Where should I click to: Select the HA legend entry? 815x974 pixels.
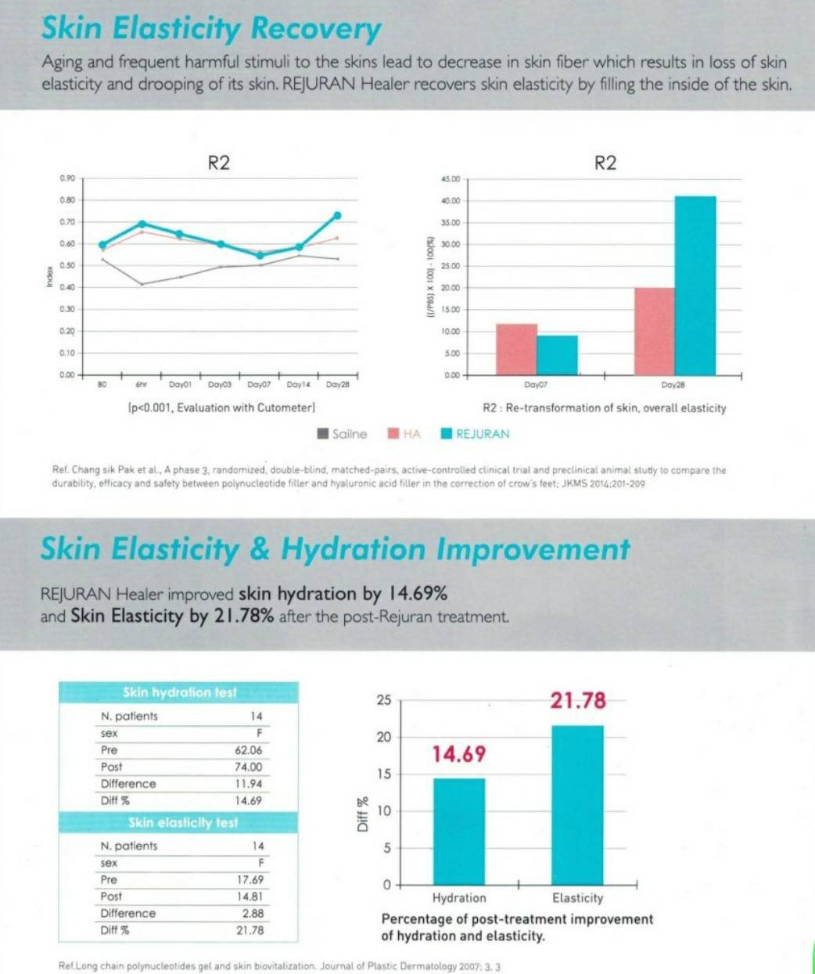[404, 434]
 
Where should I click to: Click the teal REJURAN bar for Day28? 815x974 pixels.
[695, 286]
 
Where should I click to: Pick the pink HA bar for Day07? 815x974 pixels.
[516, 349]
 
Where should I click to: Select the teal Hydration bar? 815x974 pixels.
[459, 831]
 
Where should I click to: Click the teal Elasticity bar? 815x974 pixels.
[577, 804]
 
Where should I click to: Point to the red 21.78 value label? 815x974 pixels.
[578, 700]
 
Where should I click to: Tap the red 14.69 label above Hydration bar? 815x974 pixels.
[459, 754]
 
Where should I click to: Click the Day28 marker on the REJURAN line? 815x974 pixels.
[337, 215]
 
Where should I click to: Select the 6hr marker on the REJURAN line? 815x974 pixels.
[142, 224]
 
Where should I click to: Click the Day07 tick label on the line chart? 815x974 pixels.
[259, 385]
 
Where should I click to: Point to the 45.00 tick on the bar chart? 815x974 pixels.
[451, 179]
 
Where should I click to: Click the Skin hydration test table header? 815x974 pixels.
[179, 692]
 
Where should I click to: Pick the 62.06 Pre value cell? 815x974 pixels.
[249, 750]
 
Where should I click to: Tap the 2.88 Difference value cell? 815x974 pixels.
[253, 913]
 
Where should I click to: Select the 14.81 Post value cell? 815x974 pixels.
[250, 897]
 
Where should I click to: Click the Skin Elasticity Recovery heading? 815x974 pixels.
[211, 29]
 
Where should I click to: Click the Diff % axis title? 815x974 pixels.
[362, 814]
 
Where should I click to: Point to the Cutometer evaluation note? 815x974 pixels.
[221, 408]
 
